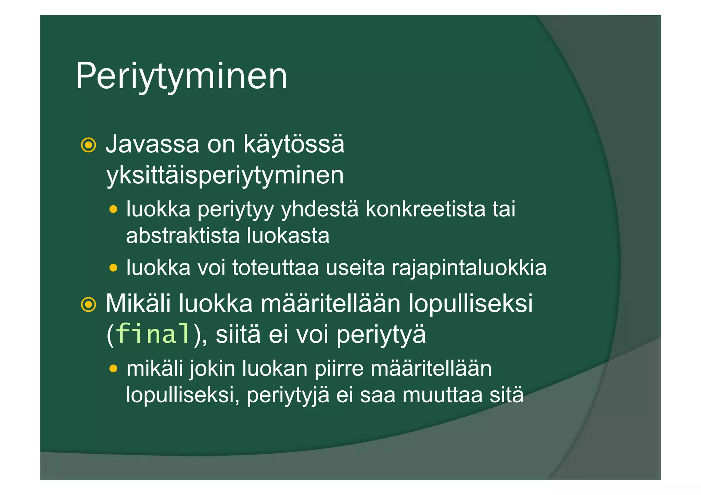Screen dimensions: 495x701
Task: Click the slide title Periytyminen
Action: [181, 76]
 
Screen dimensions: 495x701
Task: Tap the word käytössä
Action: [294, 144]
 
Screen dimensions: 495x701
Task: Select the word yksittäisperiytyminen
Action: [225, 175]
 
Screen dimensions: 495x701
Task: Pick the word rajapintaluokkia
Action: [469, 268]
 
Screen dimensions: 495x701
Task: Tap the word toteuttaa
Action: [276, 268]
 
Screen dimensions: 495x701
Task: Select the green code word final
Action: [153, 334]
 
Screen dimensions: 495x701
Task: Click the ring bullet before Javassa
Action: [88, 145]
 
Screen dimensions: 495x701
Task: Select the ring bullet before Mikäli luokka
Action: [88, 304]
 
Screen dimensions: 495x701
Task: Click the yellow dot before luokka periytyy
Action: [113, 209]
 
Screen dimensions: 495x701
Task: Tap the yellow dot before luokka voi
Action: [113, 268]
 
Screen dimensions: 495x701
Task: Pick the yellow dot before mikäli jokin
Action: [113, 369]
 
